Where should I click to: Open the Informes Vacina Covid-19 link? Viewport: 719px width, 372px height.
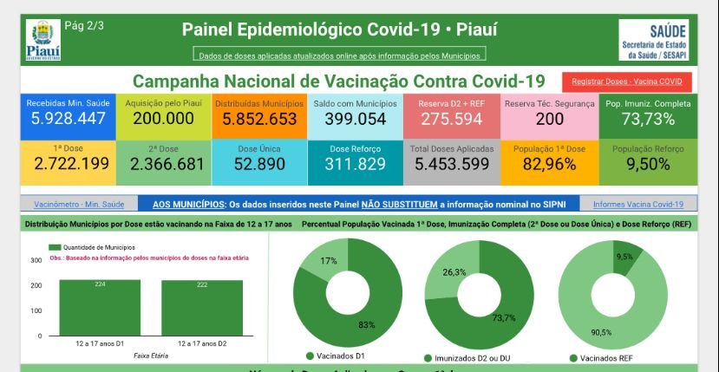coord(637,205)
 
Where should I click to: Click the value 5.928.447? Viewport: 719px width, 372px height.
coord(68,119)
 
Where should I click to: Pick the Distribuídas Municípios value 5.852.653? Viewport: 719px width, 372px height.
coord(259,119)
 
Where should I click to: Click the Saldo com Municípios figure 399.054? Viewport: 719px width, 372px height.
coord(355,119)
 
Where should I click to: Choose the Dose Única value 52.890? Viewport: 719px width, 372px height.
coord(259,163)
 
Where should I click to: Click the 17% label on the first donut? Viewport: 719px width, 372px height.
coord(304,261)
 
